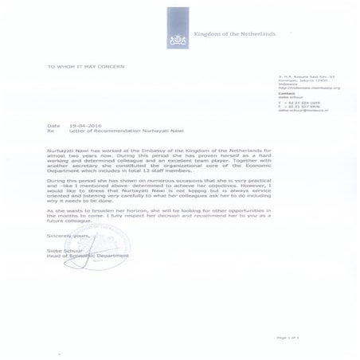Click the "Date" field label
pyautogui.click(x=53, y=126)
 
